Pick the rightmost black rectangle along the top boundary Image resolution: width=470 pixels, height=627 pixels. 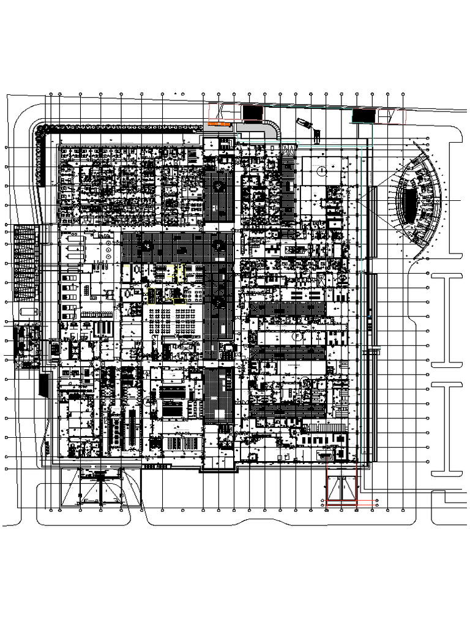(x=364, y=115)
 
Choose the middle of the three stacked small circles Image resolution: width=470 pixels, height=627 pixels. (x=108, y=250)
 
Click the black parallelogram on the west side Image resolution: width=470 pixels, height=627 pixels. (x=43, y=385)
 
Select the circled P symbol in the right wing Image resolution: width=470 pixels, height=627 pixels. (x=296, y=336)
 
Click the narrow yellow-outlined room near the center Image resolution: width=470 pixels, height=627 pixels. (x=179, y=273)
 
